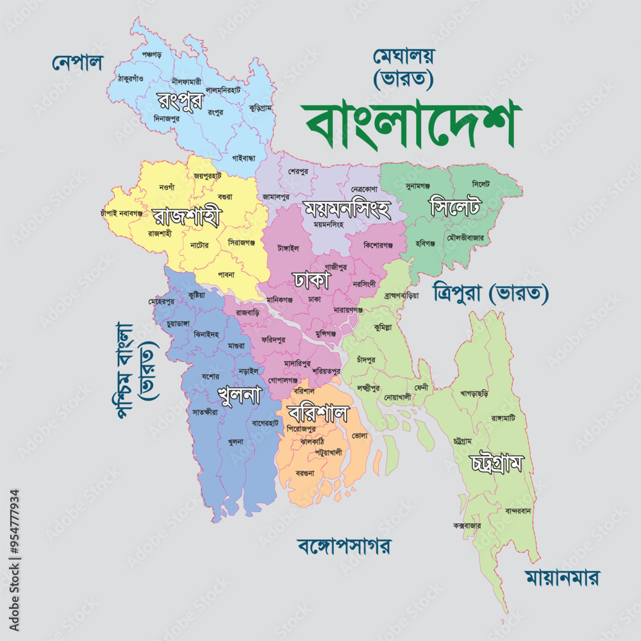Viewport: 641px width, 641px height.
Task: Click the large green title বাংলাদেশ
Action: pyautogui.click(x=410, y=122)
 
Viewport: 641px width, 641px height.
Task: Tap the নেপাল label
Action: pyautogui.click(x=78, y=63)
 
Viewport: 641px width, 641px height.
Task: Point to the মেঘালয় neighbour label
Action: pyautogui.click(x=404, y=56)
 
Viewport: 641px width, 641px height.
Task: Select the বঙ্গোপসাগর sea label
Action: pyautogui.click(x=344, y=546)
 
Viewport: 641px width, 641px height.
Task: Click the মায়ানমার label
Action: pyautogui.click(x=562, y=578)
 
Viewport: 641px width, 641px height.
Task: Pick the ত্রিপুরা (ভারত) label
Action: pyautogui.click(x=491, y=293)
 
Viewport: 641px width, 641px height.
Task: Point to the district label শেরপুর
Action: pyautogui.click(x=298, y=171)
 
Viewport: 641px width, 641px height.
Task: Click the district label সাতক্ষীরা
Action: pyautogui.click(x=205, y=412)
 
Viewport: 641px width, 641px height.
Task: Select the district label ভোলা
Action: pyautogui.click(x=360, y=435)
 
